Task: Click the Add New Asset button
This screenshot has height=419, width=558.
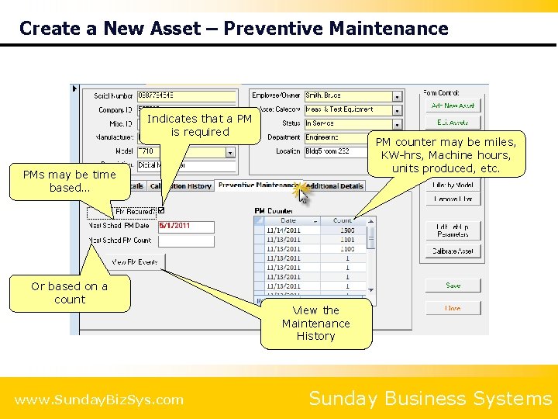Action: (453, 106)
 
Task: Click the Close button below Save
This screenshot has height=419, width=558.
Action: (453, 308)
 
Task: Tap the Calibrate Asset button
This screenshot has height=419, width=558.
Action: (453, 251)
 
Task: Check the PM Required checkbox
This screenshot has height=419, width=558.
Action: (161, 210)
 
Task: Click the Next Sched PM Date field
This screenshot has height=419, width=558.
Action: (186, 226)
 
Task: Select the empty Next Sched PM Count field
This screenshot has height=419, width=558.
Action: (186, 241)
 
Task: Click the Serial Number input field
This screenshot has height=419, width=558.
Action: (186, 95)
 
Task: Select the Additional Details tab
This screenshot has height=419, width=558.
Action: (336, 186)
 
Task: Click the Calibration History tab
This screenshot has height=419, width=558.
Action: (181, 186)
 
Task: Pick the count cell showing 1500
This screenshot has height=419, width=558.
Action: (346, 230)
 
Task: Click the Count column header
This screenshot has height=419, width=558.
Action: (343, 220)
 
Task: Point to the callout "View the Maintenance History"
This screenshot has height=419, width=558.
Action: (315, 323)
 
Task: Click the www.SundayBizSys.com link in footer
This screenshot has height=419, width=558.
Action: (99, 400)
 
